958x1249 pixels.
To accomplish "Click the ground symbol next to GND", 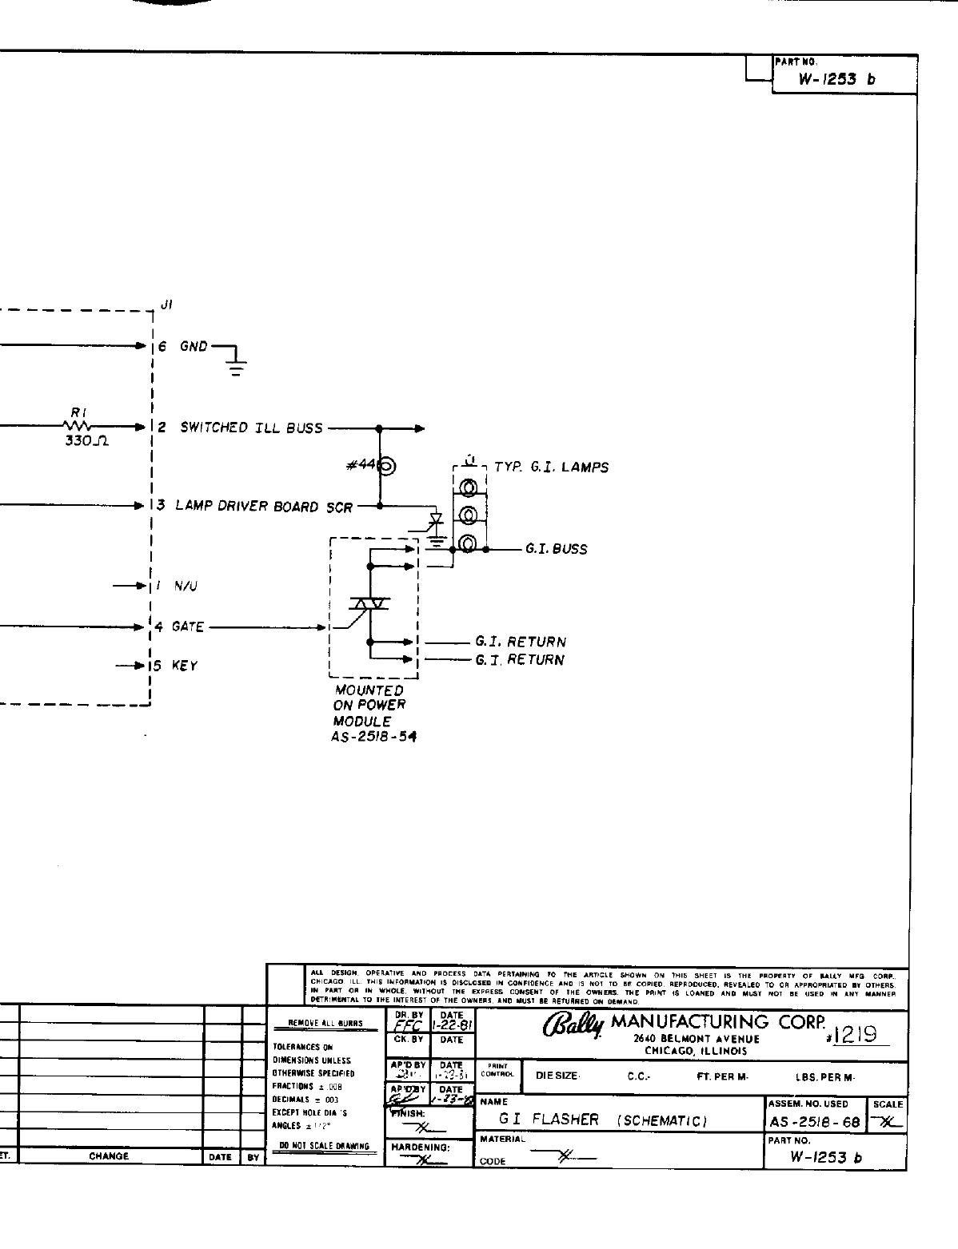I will pos(235,366).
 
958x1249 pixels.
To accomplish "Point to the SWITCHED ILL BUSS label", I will pos(251,428).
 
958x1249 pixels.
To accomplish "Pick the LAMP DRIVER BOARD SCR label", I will pos(263,507).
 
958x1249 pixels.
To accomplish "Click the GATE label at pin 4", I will pos(188,627).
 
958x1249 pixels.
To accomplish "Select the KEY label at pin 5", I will pos(185,666).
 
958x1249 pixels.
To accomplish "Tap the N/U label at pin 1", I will pos(186,586).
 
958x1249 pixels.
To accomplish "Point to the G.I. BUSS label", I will pos(556,550).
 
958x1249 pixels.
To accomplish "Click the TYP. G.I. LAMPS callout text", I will pos(551,467).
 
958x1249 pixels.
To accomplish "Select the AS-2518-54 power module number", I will pos(373,737).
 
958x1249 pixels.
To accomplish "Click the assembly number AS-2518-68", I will pos(814,1122).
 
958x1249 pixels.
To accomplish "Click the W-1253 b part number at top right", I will pos(837,79).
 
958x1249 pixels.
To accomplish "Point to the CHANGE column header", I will pos(110,1156).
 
